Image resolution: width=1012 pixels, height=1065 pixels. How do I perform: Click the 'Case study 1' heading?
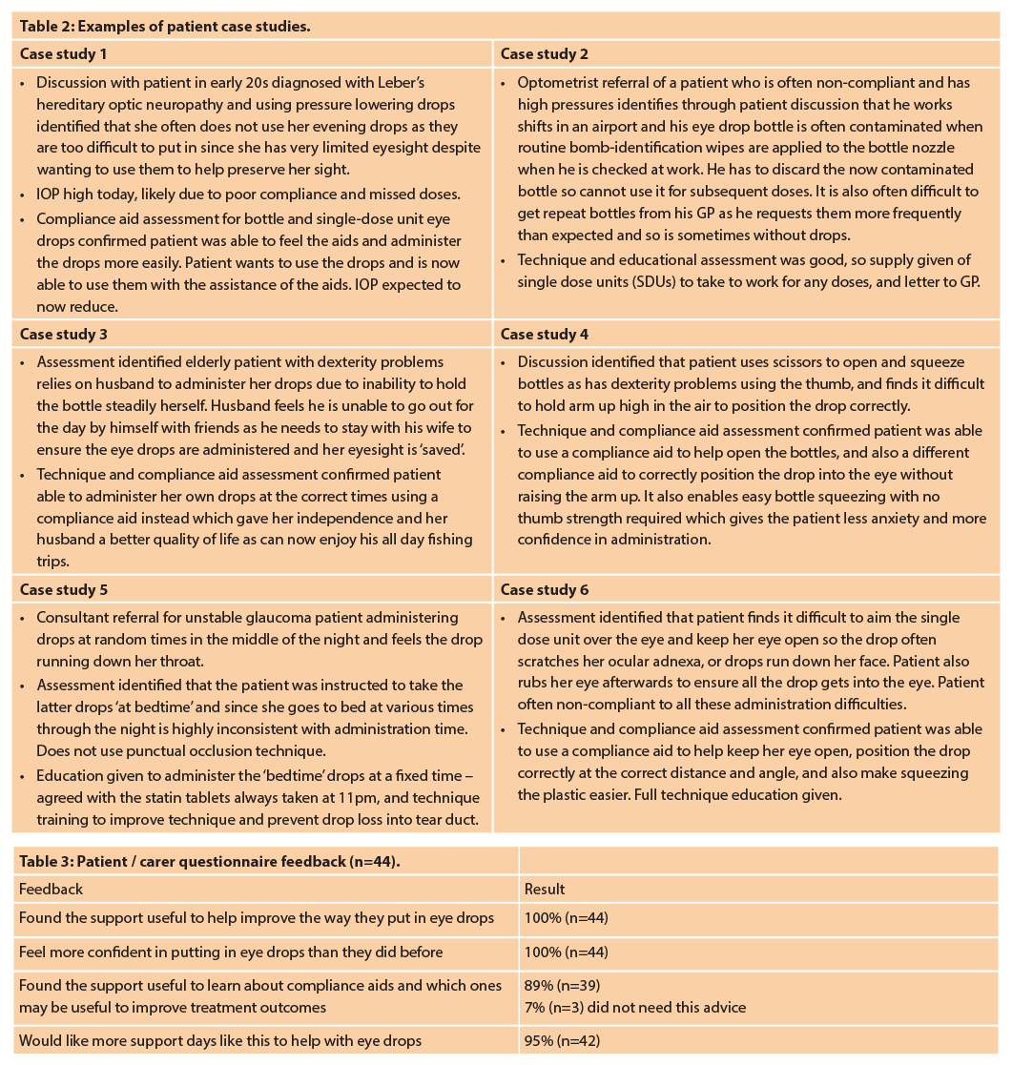[64, 54]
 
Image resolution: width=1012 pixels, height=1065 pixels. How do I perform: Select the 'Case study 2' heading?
[545, 54]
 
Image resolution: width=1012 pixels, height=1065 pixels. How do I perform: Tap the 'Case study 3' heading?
[64, 335]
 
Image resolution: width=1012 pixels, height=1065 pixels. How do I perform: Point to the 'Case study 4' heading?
[545, 335]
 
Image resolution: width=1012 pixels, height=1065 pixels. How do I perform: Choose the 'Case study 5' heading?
[64, 590]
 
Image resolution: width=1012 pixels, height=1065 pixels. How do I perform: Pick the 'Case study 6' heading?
[545, 590]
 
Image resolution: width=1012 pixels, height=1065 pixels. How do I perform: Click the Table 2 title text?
[165, 27]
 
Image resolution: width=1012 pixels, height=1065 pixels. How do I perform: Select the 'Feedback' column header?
[52, 890]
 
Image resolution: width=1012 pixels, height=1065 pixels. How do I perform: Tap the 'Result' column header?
[545, 890]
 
